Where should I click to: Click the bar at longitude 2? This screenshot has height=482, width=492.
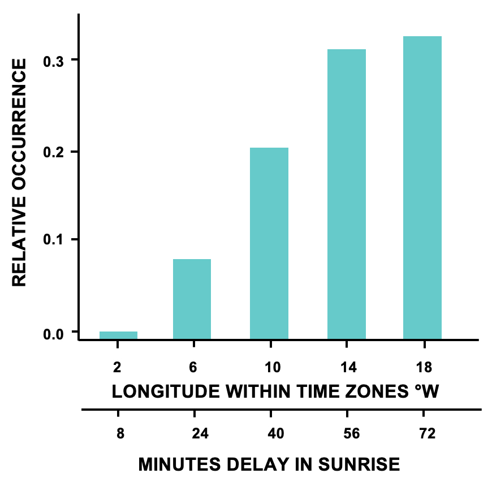coord(118,335)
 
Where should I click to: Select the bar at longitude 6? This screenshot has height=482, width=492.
coord(192,299)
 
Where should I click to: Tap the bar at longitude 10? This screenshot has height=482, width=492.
coord(269,243)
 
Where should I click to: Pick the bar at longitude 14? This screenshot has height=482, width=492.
coord(347,194)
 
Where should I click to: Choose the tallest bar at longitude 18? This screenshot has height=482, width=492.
coord(422,188)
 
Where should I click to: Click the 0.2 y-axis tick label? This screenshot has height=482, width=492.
coord(54,152)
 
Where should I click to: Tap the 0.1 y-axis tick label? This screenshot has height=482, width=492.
coord(54,240)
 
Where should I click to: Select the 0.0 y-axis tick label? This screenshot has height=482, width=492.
coord(54,333)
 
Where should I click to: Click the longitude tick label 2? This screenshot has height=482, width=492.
coord(117,367)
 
